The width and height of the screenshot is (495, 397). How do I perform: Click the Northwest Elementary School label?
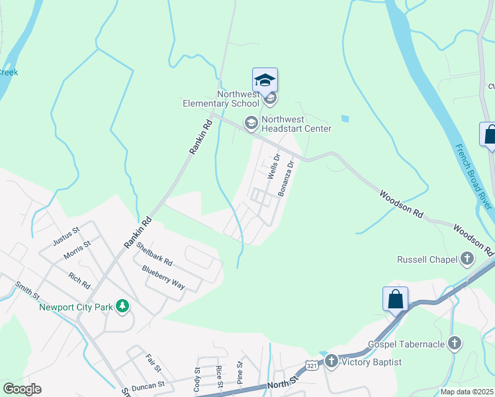[x=221, y=99]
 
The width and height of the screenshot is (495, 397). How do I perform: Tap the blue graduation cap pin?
[x=265, y=81]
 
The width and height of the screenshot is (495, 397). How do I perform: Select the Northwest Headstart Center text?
[x=296, y=124]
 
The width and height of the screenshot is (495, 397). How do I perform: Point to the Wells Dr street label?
[x=273, y=166]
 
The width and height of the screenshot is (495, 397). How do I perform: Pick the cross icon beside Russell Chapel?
[x=467, y=259]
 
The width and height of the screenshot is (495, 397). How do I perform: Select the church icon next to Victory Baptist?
[x=330, y=361]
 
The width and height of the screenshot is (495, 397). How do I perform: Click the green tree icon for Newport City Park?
[x=122, y=306]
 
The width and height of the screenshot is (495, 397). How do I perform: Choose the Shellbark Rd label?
[x=154, y=254]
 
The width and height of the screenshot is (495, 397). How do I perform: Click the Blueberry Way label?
[x=163, y=277]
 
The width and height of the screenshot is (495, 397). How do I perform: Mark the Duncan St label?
[x=148, y=384]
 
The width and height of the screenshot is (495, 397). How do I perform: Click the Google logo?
[x=22, y=389]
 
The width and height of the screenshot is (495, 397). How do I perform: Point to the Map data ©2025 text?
[x=467, y=392]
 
